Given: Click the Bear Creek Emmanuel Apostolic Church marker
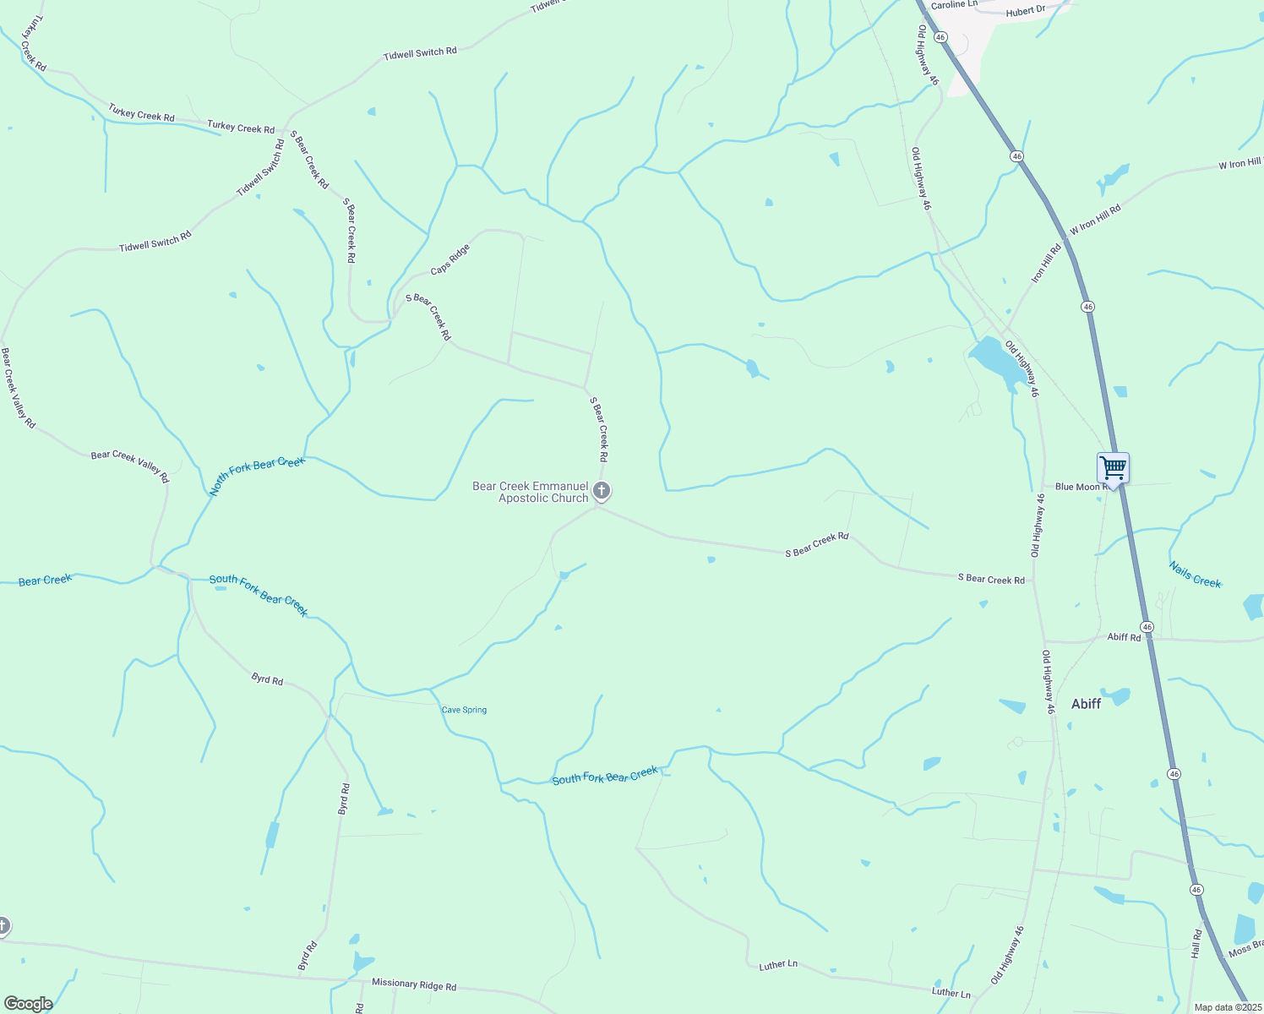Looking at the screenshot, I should [601, 491].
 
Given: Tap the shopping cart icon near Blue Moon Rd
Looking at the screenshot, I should [1113, 468].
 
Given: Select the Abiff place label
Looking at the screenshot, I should [1086, 703].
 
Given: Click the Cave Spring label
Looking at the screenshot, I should [464, 710].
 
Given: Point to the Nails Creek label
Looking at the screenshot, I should [1195, 575].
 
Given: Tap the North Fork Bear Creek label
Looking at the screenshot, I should [257, 475].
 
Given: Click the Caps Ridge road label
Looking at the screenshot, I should [449, 259].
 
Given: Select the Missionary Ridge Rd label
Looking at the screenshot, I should [414, 985].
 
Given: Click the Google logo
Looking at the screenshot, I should [28, 1004].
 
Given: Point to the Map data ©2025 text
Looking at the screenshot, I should [1227, 1007].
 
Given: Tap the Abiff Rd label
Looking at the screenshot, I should [1124, 637].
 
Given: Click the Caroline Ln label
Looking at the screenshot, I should [953, 5].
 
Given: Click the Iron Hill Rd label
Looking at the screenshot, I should [1045, 264].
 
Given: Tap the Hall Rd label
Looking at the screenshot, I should [1196, 943].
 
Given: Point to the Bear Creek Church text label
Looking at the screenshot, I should [531, 492].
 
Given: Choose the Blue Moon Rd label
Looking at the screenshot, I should [1077, 487].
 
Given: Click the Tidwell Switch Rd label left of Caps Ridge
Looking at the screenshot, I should [155, 242].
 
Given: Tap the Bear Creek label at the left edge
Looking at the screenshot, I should [45, 580].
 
